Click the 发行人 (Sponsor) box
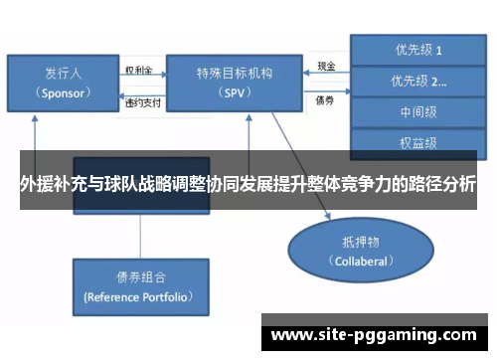63,83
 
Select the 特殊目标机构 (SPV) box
234,83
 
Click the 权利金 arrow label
138,71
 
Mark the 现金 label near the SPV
326,68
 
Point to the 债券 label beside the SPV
324,99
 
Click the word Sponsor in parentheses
63,91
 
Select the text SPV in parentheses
234,92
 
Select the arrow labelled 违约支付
138,91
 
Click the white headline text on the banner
248,184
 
